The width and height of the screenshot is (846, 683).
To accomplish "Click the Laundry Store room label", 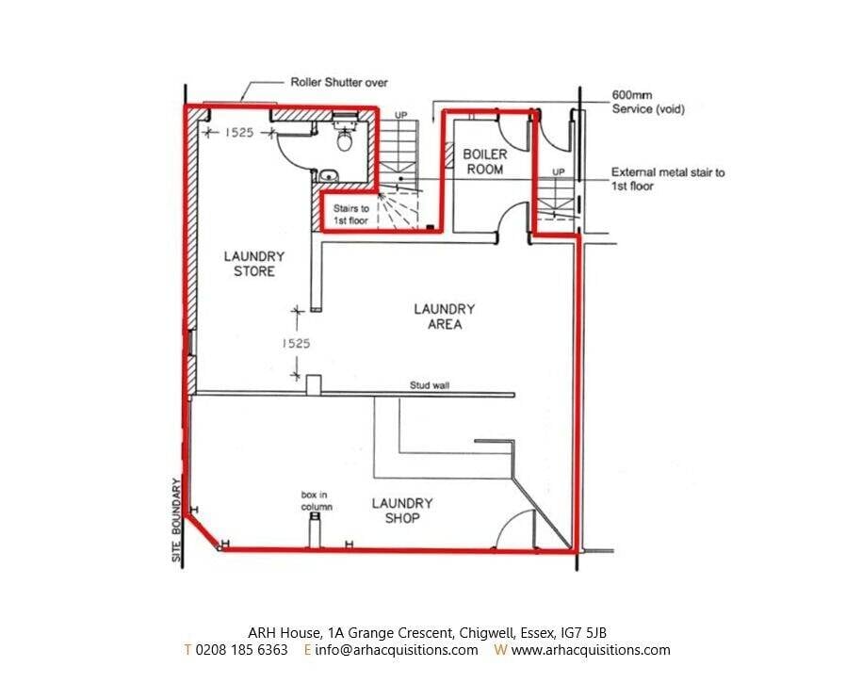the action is (x=254, y=263).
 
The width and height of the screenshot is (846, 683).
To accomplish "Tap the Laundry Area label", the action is (x=445, y=317).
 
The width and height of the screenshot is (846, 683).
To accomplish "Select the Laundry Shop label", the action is (x=402, y=511).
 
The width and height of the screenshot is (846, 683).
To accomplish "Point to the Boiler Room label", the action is (x=485, y=162).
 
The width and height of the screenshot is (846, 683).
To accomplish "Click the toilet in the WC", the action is (x=344, y=138).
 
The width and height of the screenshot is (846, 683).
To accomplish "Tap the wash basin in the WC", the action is (x=329, y=175).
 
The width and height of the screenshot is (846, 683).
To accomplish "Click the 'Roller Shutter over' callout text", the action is (x=339, y=83).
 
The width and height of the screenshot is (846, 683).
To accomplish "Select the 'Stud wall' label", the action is (x=430, y=385).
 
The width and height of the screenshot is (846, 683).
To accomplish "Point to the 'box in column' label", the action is (x=317, y=500).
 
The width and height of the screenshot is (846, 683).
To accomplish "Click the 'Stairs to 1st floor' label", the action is (x=350, y=214).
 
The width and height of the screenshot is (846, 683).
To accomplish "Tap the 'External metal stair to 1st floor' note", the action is (x=668, y=179).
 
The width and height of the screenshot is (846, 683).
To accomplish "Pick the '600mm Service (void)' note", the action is (x=648, y=102).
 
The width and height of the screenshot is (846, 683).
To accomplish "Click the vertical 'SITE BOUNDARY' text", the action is (x=177, y=520).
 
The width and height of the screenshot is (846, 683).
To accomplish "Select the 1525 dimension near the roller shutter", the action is (x=239, y=132).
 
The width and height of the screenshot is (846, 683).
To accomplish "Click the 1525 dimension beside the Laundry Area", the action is (x=296, y=343).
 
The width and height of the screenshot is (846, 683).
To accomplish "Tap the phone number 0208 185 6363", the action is (x=242, y=649).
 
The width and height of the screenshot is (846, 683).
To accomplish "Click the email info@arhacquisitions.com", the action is (x=397, y=649).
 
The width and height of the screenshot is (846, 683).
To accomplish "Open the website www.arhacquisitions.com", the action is (x=591, y=649).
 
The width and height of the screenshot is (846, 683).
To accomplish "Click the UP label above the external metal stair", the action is (x=559, y=171).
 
